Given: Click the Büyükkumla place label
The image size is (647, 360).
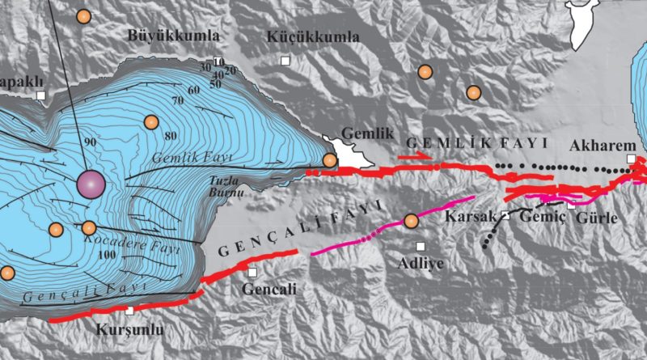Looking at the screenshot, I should click(174, 36).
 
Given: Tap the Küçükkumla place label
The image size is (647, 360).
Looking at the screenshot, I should click(312, 36).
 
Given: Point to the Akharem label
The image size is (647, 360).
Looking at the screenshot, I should click(598, 146).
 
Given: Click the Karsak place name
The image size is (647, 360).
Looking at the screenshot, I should click(471, 218).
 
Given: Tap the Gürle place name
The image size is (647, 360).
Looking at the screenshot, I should click(598, 218).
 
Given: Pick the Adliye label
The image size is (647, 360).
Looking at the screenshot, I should click(421, 263).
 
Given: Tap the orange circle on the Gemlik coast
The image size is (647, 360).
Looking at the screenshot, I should click(329, 160).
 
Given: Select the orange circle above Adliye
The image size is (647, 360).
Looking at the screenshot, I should click(411, 220).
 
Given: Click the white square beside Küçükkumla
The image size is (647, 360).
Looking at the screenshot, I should click(285, 61).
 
